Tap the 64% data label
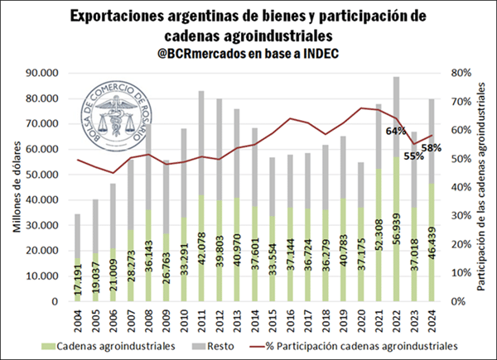(x=396, y=131)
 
